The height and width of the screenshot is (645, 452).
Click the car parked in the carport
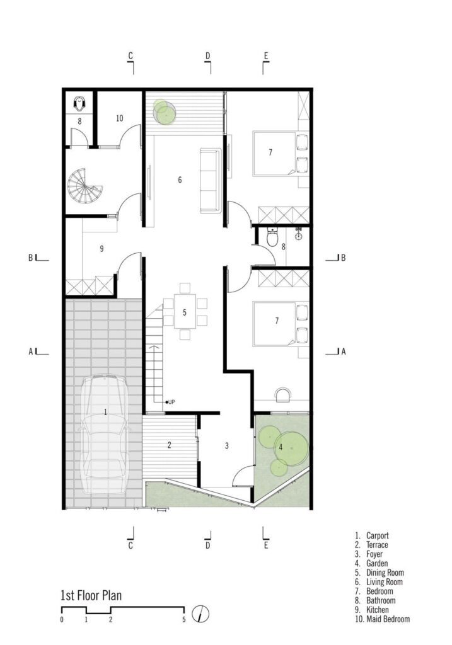point(105,434)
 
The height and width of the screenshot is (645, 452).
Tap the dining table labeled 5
point(185,311)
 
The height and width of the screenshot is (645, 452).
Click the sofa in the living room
point(210,181)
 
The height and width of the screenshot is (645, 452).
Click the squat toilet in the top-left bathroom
point(79,104)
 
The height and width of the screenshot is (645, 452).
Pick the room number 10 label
point(119,118)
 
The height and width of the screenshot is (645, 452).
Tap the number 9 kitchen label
point(101,248)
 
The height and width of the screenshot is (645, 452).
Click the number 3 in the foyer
point(226,446)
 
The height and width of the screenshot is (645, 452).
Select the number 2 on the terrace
point(169,445)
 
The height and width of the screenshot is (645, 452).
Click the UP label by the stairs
point(171,402)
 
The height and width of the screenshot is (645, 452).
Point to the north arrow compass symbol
point(200,614)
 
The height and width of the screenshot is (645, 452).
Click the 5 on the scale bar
point(184,620)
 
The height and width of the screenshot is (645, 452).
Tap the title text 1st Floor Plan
point(91,595)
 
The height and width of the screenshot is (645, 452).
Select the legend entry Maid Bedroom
point(388,619)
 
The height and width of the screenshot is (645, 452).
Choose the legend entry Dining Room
point(385,573)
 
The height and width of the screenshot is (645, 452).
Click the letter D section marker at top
point(208,56)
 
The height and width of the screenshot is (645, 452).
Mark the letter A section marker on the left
point(30,351)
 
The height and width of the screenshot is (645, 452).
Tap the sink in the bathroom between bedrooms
point(299,236)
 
